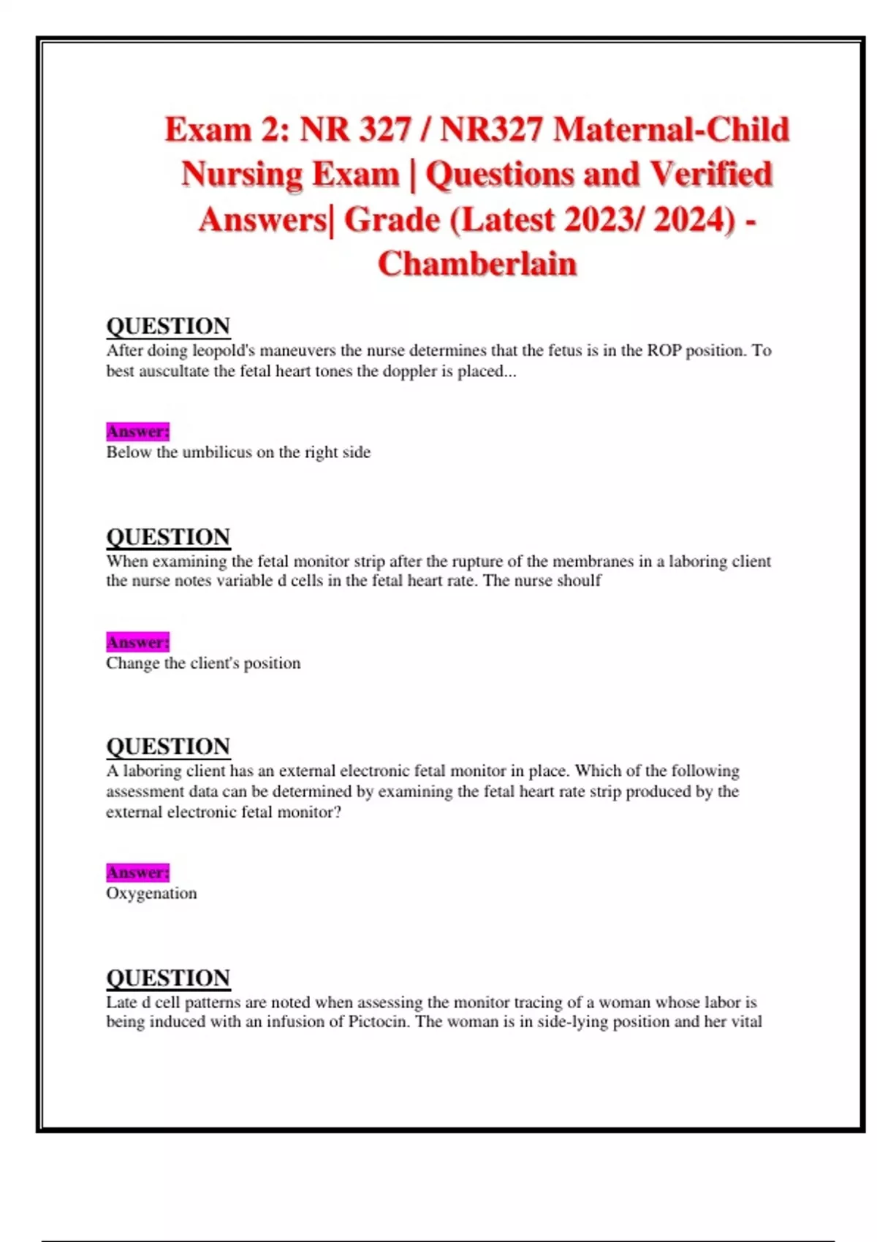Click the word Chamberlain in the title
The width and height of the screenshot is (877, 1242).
[477, 264]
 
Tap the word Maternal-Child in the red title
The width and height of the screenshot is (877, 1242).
[671, 130]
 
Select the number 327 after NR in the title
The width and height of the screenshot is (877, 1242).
[385, 130]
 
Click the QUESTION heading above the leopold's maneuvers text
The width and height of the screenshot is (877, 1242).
[168, 326]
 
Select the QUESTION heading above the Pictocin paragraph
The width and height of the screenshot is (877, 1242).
[168, 978]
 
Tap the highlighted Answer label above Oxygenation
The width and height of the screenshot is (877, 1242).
[137, 872]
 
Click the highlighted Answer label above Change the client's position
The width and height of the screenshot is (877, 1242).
[137, 642]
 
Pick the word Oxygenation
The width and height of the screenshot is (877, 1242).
[151, 894]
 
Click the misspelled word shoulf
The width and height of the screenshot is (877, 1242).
[579, 581]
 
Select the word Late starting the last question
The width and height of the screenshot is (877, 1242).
[121, 1002]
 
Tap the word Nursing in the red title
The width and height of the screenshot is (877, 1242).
[241, 175]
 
